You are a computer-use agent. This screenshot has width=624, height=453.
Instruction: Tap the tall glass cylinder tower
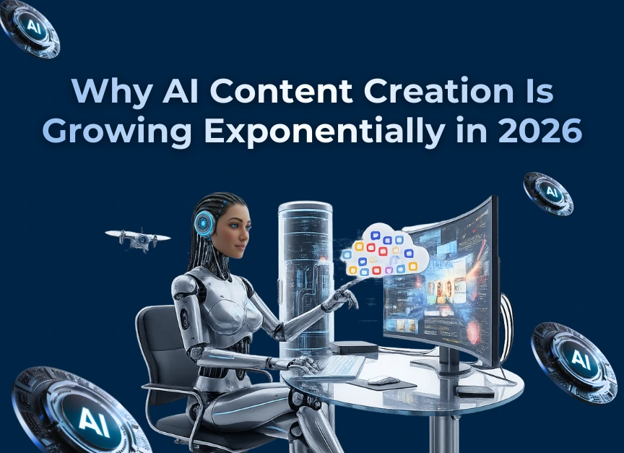pyautogui.click(x=305, y=275)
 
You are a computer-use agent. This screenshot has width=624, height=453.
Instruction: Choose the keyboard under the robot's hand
pyautogui.click(x=339, y=368)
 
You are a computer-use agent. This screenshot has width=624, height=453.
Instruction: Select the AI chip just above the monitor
pyautogui.click(x=548, y=193)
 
